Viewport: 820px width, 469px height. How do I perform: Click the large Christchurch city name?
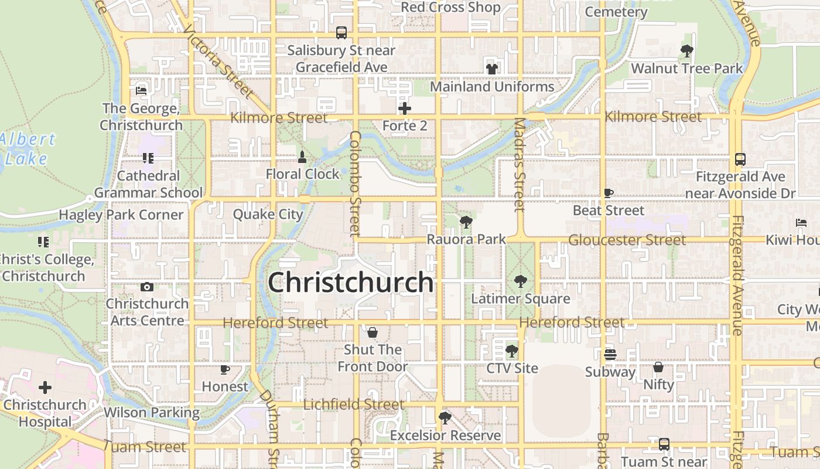click(350, 283)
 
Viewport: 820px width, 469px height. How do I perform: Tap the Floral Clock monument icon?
click(302, 157)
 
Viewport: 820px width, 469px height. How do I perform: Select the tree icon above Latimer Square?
click(520, 281)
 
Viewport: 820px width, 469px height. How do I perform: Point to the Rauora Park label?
click(466, 239)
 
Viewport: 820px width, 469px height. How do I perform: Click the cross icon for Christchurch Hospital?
click(45, 388)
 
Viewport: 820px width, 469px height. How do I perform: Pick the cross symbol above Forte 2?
click(405, 108)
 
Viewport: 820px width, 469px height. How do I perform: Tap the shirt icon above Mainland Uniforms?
click(492, 69)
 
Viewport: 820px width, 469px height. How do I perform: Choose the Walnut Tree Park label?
click(686, 69)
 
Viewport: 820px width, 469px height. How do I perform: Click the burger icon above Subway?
click(610, 355)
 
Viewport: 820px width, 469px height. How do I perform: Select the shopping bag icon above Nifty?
click(658, 368)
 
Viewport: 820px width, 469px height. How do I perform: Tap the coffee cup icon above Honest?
click(225, 369)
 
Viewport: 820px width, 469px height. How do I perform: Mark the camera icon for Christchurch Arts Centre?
click(147, 287)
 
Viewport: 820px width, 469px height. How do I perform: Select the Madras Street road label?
click(520, 165)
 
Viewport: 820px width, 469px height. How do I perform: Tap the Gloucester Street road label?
click(627, 240)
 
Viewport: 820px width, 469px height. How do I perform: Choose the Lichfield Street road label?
click(354, 405)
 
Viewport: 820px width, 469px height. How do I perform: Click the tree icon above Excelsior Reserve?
click(445, 418)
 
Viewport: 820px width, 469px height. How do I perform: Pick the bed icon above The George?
click(141, 91)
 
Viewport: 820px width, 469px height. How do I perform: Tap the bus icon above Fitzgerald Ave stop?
click(740, 159)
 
